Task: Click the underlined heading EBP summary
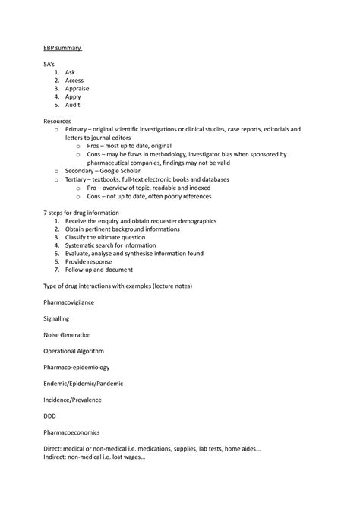pos(62,49)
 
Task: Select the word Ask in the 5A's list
pos(71,72)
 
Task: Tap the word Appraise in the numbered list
pos(77,89)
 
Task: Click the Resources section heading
pos(61,121)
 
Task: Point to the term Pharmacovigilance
pos(68,302)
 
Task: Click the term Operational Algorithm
pos(74,351)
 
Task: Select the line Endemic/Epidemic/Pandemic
pos(83,383)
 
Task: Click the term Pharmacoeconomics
pos(71,432)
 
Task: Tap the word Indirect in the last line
pos(57,457)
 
